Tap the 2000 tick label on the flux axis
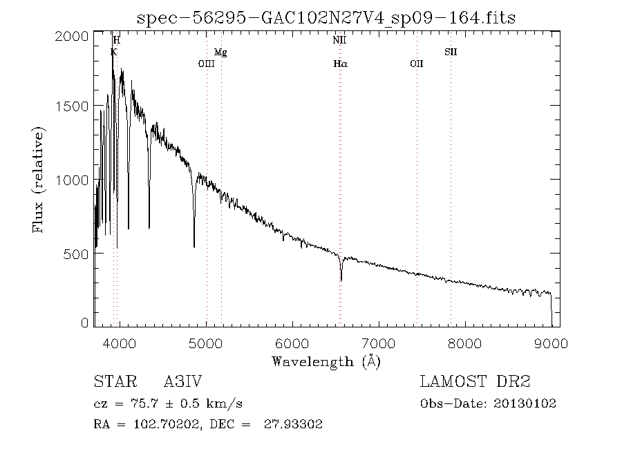tap(70, 35)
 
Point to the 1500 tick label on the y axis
tap(70, 106)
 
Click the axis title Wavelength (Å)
tap(326, 361)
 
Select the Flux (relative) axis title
tap(39, 180)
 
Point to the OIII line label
tap(207, 64)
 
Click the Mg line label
tap(220, 52)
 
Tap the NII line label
tap(339, 41)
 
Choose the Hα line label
tap(340, 64)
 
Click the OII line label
tap(416, 64)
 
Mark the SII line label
tap(451, 52)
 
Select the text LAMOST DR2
tap(475, 381)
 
